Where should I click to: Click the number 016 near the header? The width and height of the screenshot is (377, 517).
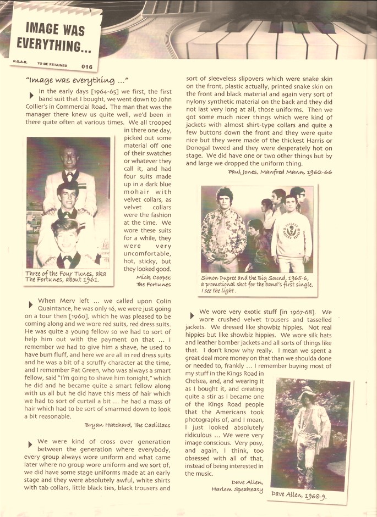[87, 67]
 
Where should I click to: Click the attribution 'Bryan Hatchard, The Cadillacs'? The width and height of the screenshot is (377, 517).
[128, 425]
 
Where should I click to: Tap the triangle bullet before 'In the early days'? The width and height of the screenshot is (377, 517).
[31, 95]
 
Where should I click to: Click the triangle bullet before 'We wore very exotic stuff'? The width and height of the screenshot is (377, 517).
[192, 315]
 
